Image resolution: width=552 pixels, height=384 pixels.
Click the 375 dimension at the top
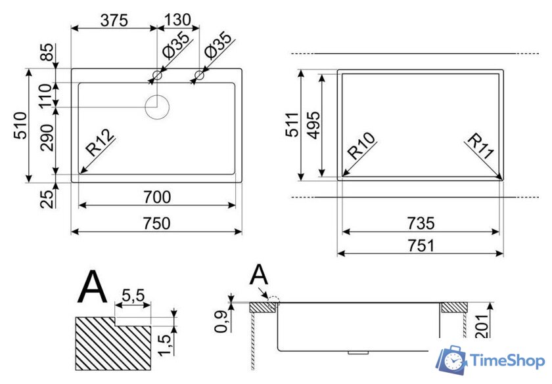(113, 20)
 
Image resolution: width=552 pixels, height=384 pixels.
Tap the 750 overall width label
(156, 223)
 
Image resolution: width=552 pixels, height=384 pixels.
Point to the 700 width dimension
(156, 196)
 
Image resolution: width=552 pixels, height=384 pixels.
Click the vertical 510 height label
(20, 125)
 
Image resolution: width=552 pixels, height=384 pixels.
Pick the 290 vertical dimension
(47, 137)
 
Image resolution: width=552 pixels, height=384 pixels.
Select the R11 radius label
(480, 146)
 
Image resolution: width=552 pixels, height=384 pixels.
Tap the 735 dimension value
(421, 223)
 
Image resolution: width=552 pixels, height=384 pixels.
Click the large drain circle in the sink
(157, 107)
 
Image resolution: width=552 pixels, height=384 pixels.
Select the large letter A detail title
(92, 287)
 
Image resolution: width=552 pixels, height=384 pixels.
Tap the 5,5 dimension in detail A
(133, 295)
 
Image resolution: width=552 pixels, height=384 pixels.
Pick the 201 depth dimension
(484, 324)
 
